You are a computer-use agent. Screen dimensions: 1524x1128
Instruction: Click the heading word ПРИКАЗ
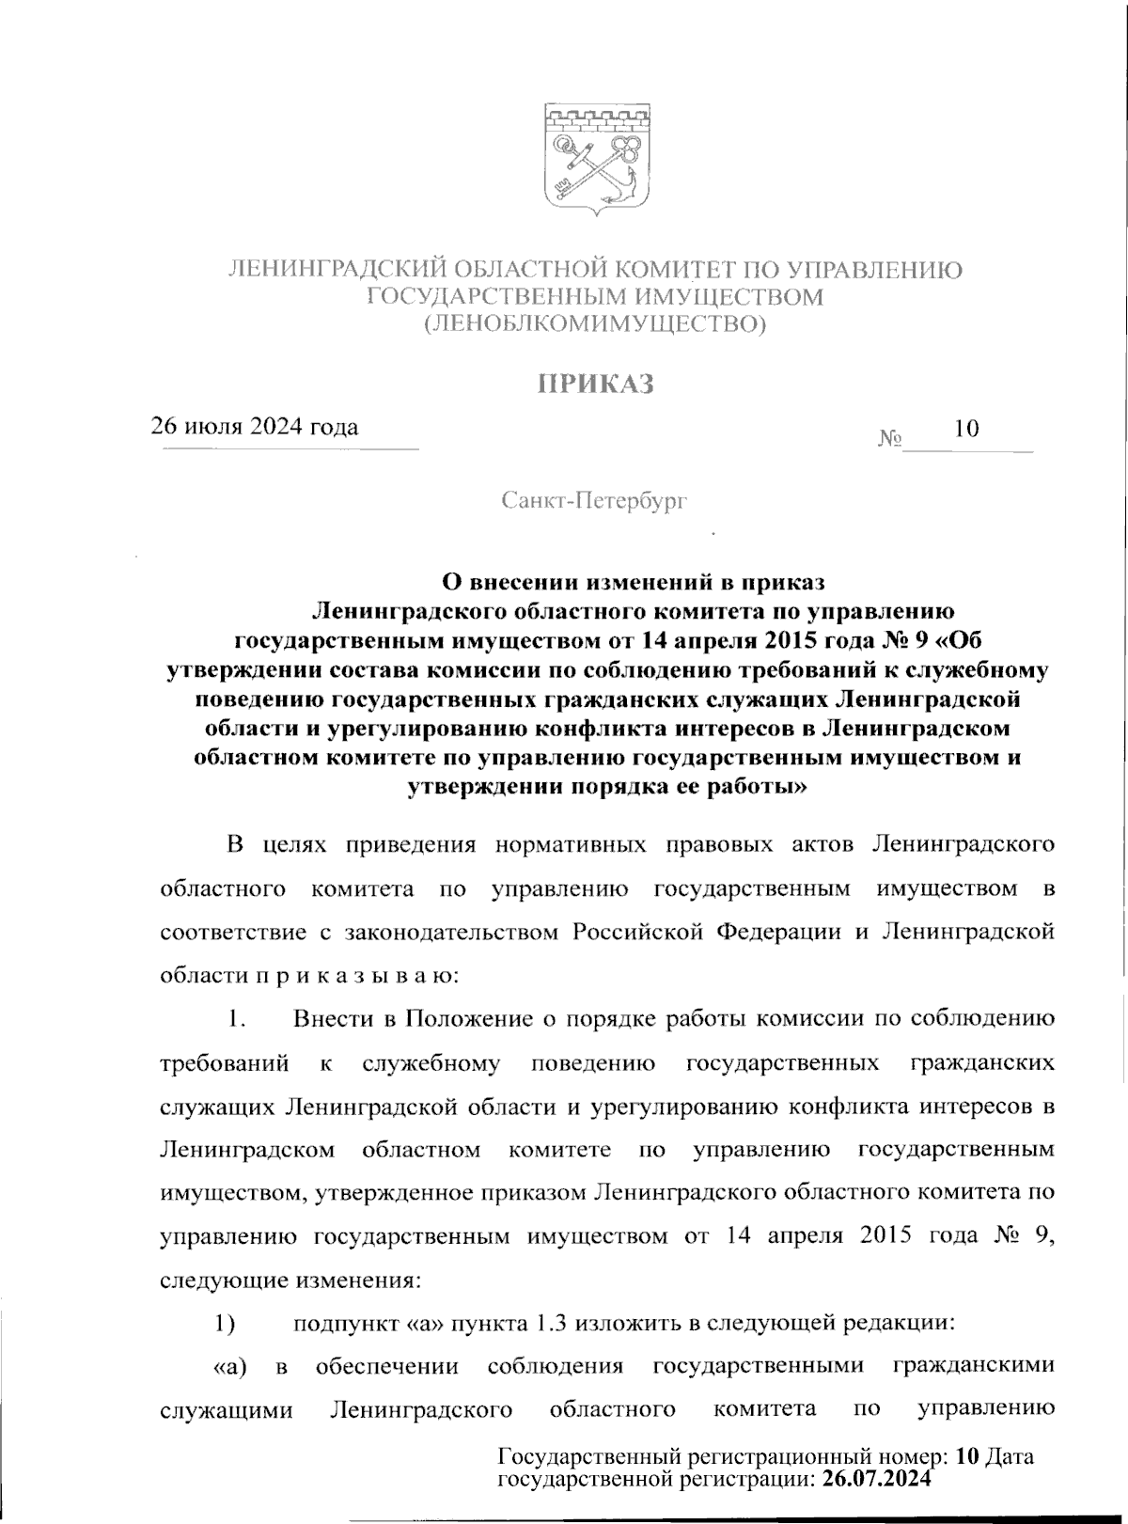pyautogui.click(x=595, y=385)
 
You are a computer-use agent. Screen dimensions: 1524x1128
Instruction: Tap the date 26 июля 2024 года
pyautogui.click(x=256, y=428)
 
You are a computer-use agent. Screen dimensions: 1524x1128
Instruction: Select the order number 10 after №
pyautogui.click(x=966, y=430)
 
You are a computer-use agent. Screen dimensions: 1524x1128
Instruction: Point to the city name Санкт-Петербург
pyautogui.click(x=595, y=501)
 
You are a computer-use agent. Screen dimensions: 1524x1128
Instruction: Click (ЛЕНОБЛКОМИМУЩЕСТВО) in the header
pyautogui.click(x=595, y=326)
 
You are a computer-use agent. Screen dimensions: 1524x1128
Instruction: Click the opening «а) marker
pyautogui.click(x=231, y=1366)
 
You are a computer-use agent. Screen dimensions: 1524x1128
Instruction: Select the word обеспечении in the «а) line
pyautogui.click(x=387, y=1366)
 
